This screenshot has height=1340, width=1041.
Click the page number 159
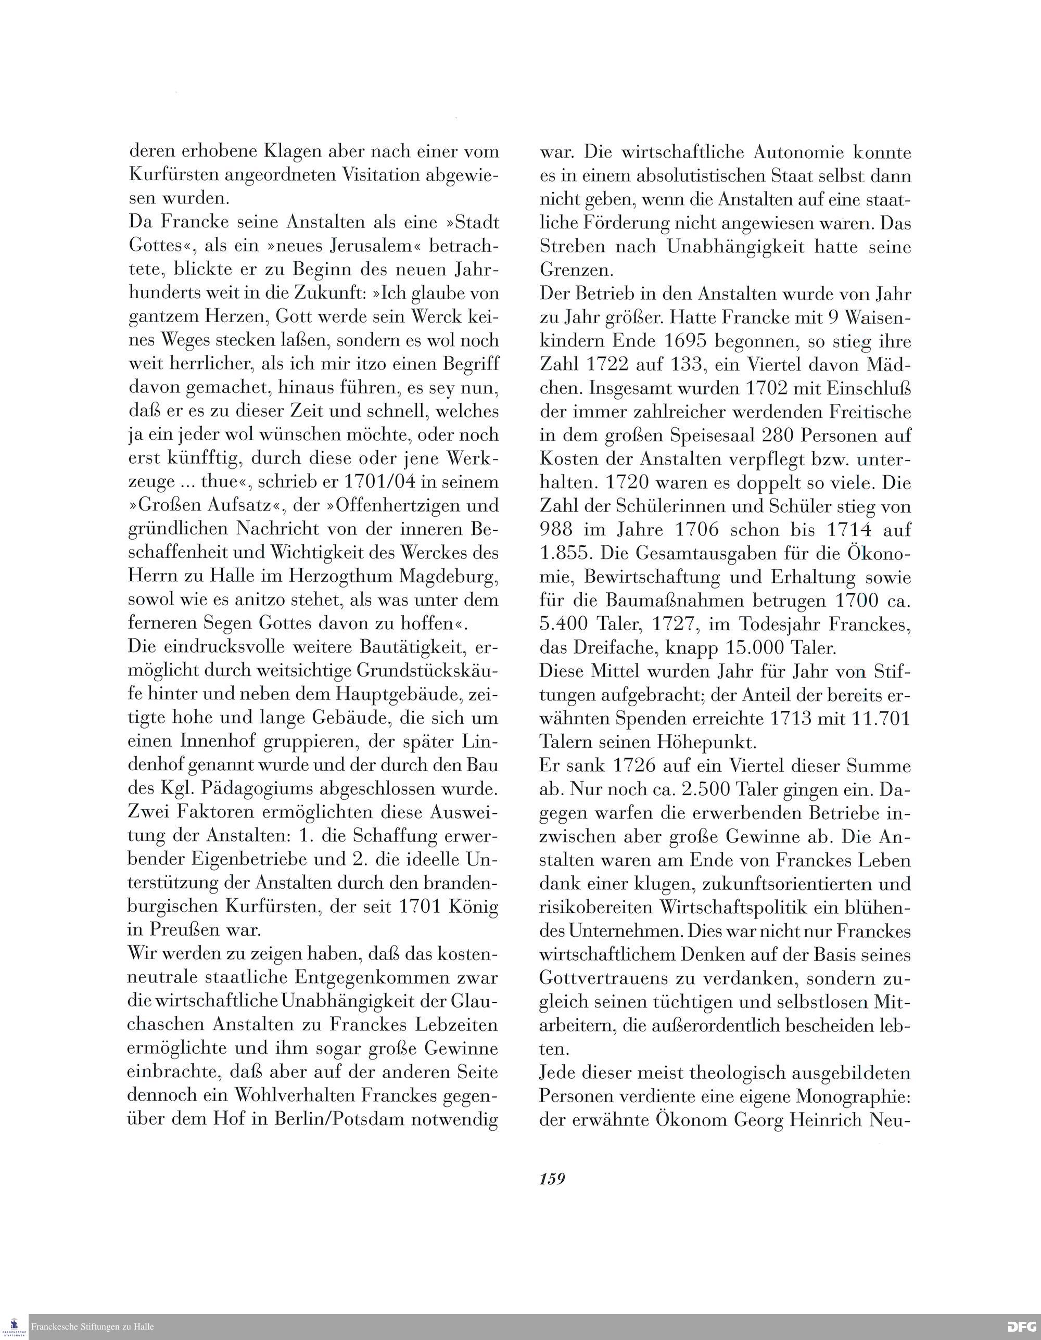(552, 1179)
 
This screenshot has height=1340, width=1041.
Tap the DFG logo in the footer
(1022, 1327)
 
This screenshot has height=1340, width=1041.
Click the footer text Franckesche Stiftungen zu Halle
(92, 1327)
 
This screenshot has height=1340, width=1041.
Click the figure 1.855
(565, 553)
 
